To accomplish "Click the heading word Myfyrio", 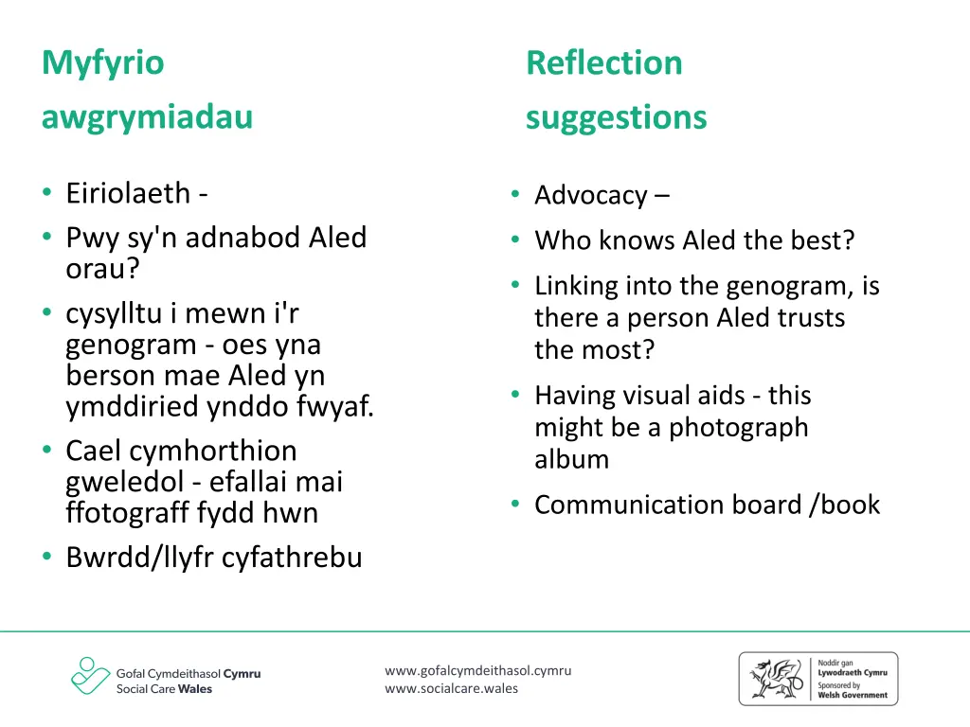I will coord(102,63).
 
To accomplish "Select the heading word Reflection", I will coord(603,63).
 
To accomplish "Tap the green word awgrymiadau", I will coord(147,117).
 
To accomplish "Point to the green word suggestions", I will coord(616,117).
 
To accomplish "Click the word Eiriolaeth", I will coord(128,193).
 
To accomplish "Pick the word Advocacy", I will coord(591,195).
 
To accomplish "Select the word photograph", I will coord(739,427).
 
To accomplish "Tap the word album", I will coord(571,459).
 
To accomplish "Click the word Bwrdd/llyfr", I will coord(139,558).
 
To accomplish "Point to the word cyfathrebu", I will coord(292,558).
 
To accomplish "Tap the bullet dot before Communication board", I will coord(514,505).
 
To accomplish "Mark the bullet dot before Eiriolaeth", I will coord(46,193).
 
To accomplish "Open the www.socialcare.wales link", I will coord(451,688).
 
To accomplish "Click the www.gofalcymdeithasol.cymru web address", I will coord(477,670).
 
